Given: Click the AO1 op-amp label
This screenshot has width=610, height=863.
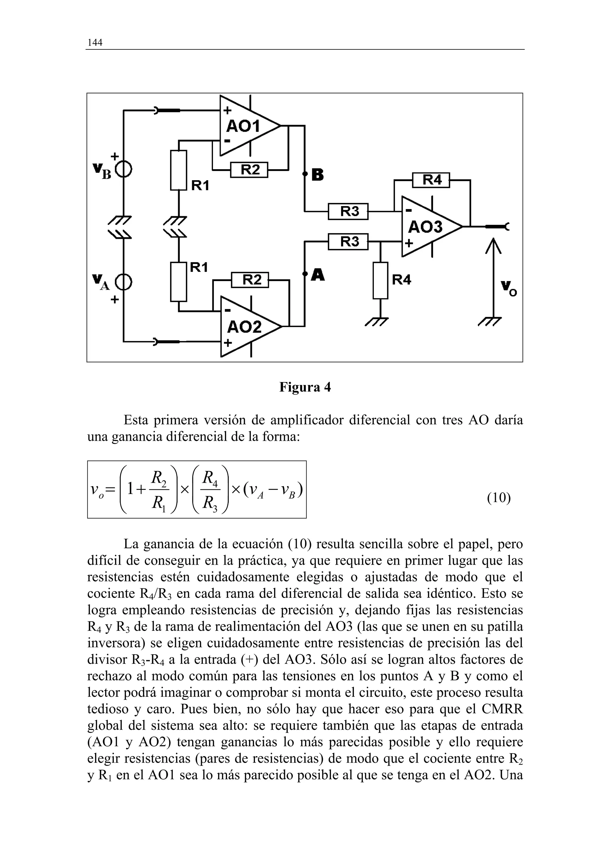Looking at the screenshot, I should [x=243, y=126].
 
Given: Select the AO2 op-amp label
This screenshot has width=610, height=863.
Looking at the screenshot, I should [x=244, y=327].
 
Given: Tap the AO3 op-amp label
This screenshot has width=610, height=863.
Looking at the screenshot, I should [x=425, y=227].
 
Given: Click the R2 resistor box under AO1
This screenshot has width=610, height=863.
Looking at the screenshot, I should [x=249, y=170].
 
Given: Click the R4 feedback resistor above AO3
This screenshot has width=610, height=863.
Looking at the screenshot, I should [x=431, y=180].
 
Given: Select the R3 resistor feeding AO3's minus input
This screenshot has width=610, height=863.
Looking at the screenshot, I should [x=348, y=211].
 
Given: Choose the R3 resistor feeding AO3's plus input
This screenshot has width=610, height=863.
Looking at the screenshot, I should [x=348, y=241].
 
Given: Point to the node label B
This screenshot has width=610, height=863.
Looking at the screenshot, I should [x=317, y=175].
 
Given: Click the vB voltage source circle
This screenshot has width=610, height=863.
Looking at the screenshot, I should [x=124, y=171].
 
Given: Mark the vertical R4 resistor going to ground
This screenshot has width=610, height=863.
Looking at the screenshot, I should [x=380, y=281].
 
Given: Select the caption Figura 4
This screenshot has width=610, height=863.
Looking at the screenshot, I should [x=305, y=387].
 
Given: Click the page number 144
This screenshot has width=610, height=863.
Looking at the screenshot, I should [x=95, y=43].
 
